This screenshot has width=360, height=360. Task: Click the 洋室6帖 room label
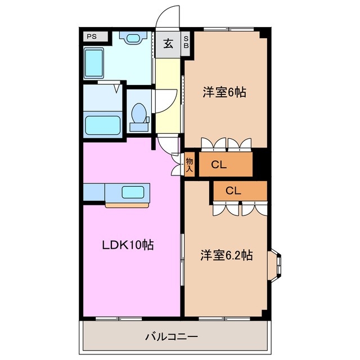pos(224,92)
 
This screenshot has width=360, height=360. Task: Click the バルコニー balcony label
pos(172,337)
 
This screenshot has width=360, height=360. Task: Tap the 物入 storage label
pos(190,164)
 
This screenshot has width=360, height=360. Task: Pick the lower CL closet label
pos(233,191)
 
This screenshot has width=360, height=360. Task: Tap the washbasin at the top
pos(133,38)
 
